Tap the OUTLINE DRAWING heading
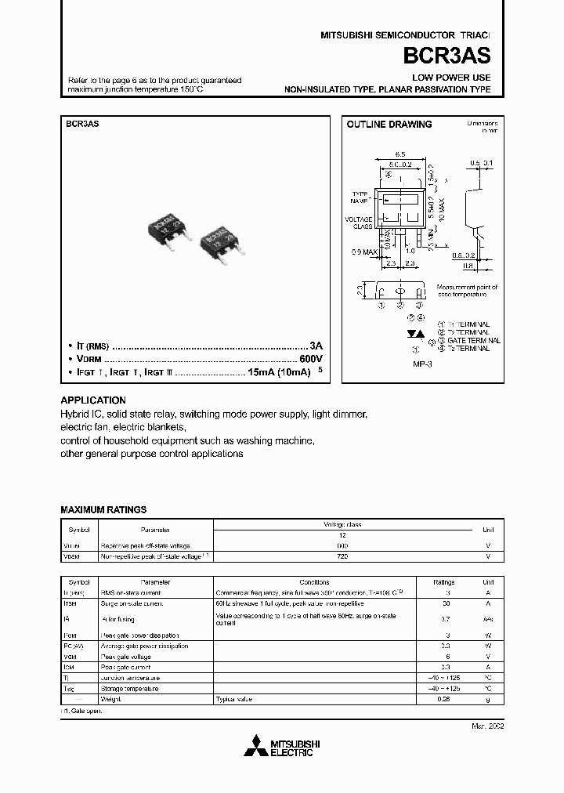coord(389,125)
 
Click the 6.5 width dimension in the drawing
coord(399,155)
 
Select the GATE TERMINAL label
coord(467,341)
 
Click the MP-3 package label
coord(423,364)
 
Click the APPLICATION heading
coord(93,400)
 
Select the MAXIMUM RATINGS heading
coord(103,509)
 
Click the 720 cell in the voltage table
coord(342,556)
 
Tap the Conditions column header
coord(314,582)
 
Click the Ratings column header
coord(443,582)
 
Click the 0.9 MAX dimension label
coord(363,252)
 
